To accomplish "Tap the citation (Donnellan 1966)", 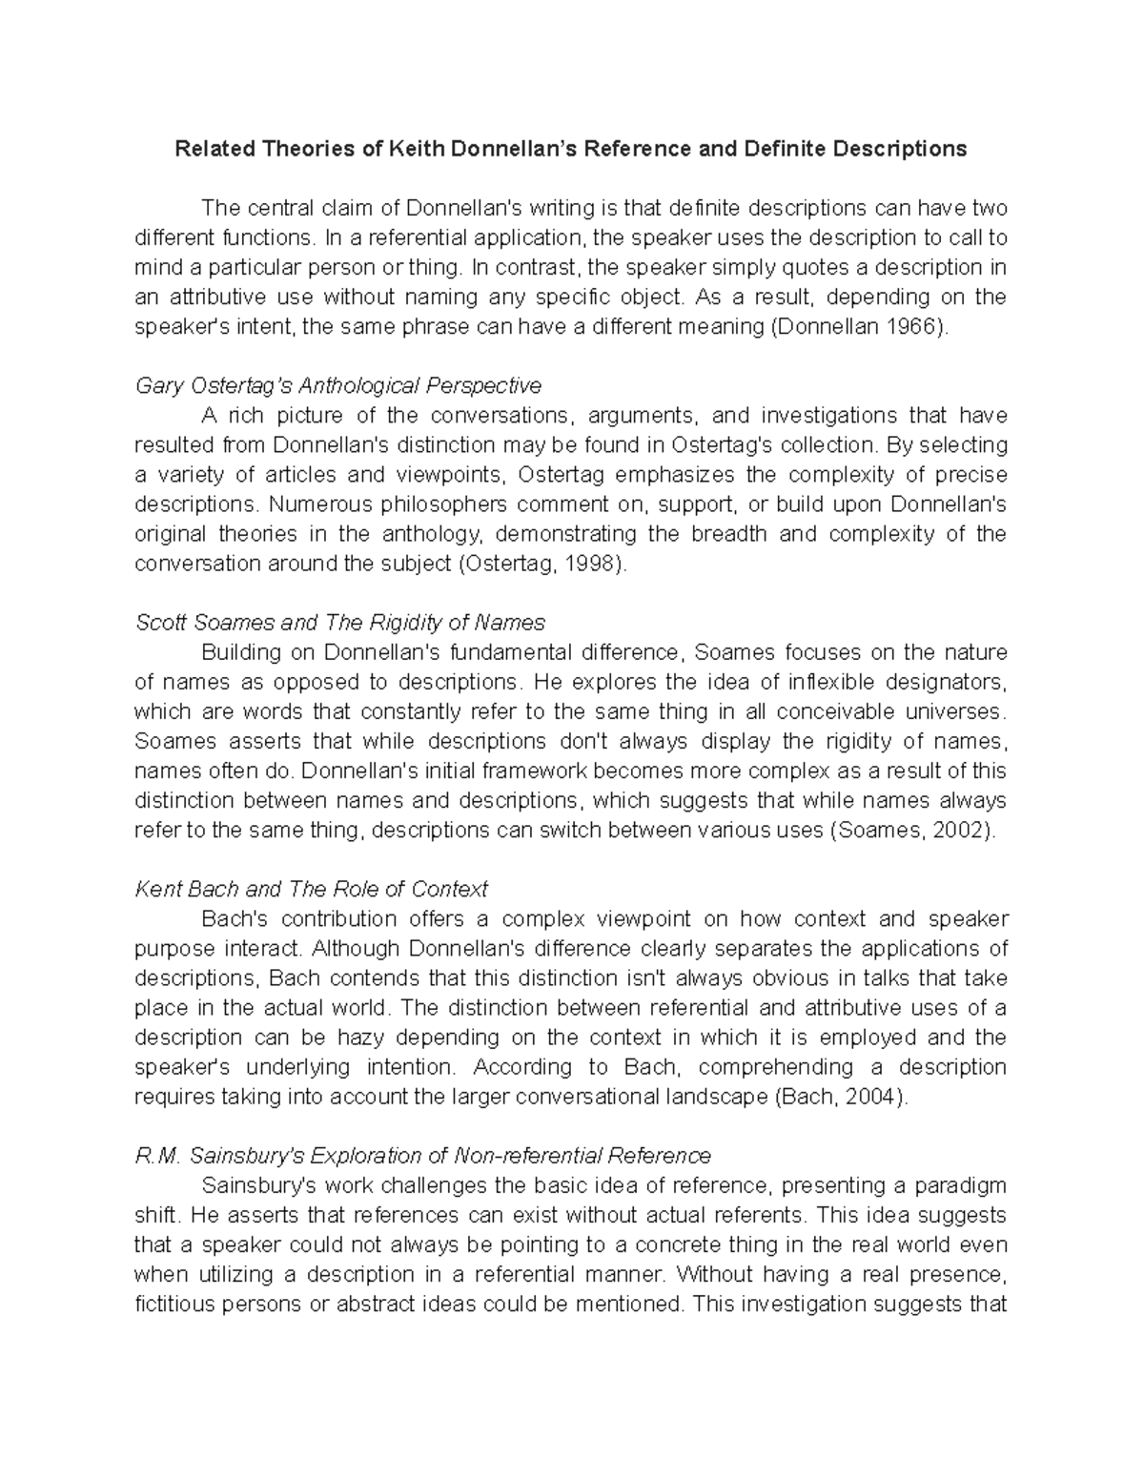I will pos(859,327).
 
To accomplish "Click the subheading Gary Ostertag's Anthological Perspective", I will pos(338,385).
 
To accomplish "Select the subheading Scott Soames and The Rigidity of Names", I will pos(340,623).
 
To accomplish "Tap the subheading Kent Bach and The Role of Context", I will pos(311,889).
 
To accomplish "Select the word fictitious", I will pos(174,1304).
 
